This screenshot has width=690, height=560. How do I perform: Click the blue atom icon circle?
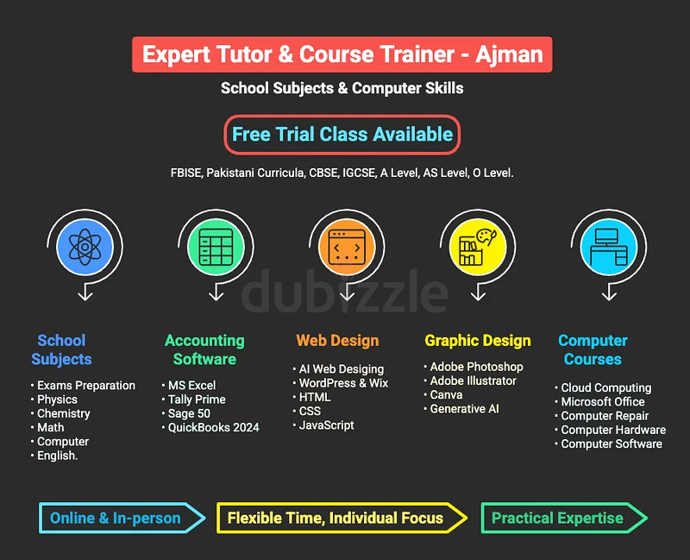tap(85, 247)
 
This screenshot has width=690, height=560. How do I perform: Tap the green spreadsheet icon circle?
tap(216, 247)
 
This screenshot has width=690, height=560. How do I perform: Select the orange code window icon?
tap(347, 247)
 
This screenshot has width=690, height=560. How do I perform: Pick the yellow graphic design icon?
tap(478, 247)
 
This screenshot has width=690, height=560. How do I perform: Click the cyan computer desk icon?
tap(609, 247)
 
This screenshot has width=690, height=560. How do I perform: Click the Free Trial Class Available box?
tap(342, 135)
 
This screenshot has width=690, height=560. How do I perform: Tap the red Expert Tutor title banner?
tap(342, 54)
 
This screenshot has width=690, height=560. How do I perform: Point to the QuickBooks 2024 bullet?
tap(210, 427)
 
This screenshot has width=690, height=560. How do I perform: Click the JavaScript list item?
tap(323, 425)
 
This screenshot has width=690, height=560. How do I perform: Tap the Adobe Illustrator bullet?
tap(470, 381)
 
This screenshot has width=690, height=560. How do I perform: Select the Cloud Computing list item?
tap(603, 388)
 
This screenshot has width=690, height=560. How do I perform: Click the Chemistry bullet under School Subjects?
tap(60, 414)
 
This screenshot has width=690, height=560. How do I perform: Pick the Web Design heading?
tap(337, 341)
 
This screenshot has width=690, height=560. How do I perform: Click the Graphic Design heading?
tap(478, 341)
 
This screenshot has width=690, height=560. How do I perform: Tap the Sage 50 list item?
tap(185, 413)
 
